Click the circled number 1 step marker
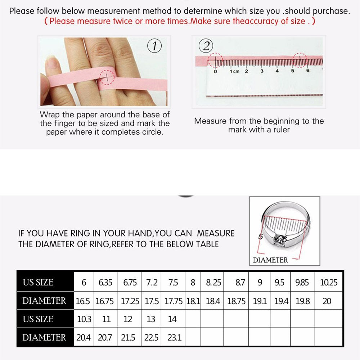[154, 46]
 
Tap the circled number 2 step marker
[206, 46]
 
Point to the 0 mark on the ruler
[215, 71]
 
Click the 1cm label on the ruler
[234, 71]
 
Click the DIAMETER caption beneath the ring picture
[270, 260]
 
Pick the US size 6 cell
[84, 283]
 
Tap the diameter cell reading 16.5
[83, 301]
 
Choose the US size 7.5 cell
[173, 283]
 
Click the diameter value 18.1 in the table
[193, 301]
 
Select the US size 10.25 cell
[329, 283]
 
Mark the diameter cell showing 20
[327, 301]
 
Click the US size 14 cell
[172, 319]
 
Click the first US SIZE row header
[38, 283]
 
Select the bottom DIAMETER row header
[44, 338]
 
